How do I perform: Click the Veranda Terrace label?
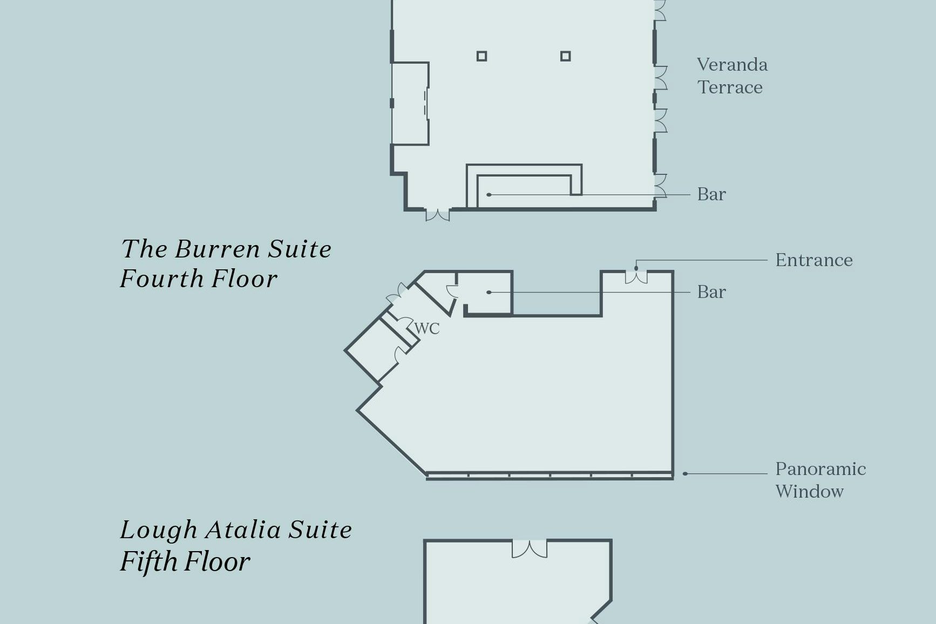click(731, 76)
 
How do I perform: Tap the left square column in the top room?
click(481, 56)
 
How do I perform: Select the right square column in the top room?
click(565, 56)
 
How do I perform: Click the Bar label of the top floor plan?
click(711, 194)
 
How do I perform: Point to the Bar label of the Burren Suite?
click(711, 292)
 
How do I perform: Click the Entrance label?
click(814, 260)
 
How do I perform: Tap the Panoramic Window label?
click(820, 480)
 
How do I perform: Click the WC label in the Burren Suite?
click(427, 328)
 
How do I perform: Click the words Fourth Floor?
click(198, 279)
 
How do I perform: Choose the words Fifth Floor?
click(185, 561)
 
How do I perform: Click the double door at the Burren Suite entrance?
click(636, 277)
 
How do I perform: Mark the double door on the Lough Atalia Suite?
click(529, 549)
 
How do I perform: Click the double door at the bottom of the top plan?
click(437, 215)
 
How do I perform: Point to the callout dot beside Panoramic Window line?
click(685, 474)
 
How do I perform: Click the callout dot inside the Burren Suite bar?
click(489, 292)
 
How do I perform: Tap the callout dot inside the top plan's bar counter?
click(489, 194)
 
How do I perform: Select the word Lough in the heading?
click(158, 530)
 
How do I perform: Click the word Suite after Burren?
click(300, 249)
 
